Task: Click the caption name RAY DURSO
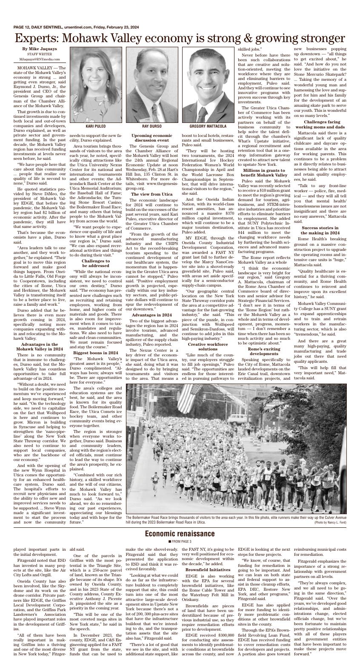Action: [x=151, y=126]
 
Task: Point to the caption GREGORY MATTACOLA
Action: [x=208, y=126]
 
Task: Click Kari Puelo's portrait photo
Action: [x=95, y=85]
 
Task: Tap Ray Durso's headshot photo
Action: [x=151, y=85]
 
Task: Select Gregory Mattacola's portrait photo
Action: [x=208, y=85]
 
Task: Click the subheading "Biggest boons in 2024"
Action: [x=96, y=353]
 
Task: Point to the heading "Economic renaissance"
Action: [x=180, y=534]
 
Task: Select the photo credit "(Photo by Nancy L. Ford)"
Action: [x=330, y=522]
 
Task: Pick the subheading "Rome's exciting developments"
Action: [x=264, y=351]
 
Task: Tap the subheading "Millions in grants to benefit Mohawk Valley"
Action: [x=264, y=173]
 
